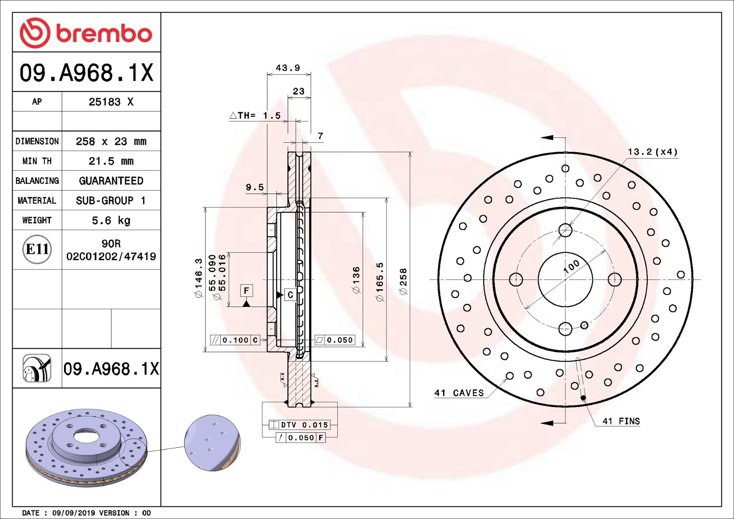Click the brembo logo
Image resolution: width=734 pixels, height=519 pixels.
pos(86,33)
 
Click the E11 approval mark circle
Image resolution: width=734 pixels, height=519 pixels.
pos(37,249)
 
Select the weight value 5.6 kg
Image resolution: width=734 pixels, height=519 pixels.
pos(111,220)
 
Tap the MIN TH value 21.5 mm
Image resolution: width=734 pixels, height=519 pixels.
pos(111,161)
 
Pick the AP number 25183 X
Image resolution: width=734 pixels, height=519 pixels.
pos(111,102)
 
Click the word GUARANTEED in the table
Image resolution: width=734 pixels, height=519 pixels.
pos(111,180)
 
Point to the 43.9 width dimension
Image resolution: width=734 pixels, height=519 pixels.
pos(288,68)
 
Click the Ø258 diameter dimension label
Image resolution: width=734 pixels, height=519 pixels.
pos(403,282)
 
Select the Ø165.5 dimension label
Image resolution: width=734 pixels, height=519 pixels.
pos(380,282)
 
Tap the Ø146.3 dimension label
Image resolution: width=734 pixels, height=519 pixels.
pos(198,278)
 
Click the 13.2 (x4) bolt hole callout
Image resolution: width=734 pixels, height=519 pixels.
pos(652,152)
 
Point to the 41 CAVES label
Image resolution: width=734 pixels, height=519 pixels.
pos(459,393)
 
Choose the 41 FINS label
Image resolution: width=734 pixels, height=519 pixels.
pos(621,421)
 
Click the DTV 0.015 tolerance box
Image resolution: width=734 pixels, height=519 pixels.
pos(299,425)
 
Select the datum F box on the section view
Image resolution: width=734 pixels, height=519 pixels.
pos(246,290)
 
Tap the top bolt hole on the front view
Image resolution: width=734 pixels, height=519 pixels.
pos(565,230)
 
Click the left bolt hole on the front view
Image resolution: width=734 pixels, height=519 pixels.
pos(516,279)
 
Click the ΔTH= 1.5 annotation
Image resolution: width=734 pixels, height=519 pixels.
pos(255,116)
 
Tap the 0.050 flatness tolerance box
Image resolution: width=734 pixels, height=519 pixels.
pos(335,340)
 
